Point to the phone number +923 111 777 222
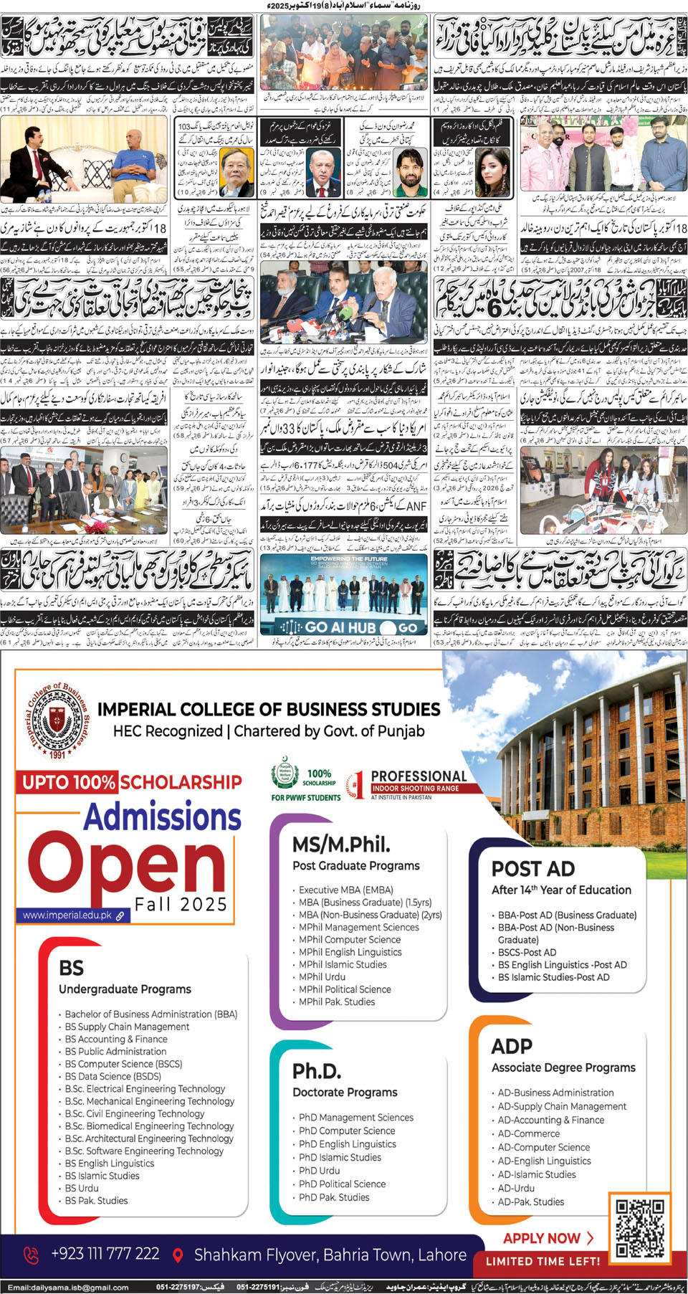pos(105,1254)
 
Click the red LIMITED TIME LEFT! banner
pos(543,1262)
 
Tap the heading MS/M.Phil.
pos(341,845)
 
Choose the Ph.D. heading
pos(317,1071)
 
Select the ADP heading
pos(512,1046)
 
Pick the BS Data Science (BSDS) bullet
pos(113,1076)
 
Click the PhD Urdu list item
pos(319,1171)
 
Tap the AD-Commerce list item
pos(529,1133)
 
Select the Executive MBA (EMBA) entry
pos(345,890)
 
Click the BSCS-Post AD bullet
pos(527,953)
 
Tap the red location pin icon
pos(178,1255)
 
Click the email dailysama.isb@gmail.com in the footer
pos(68,1288)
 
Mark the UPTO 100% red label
pos(68,782)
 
